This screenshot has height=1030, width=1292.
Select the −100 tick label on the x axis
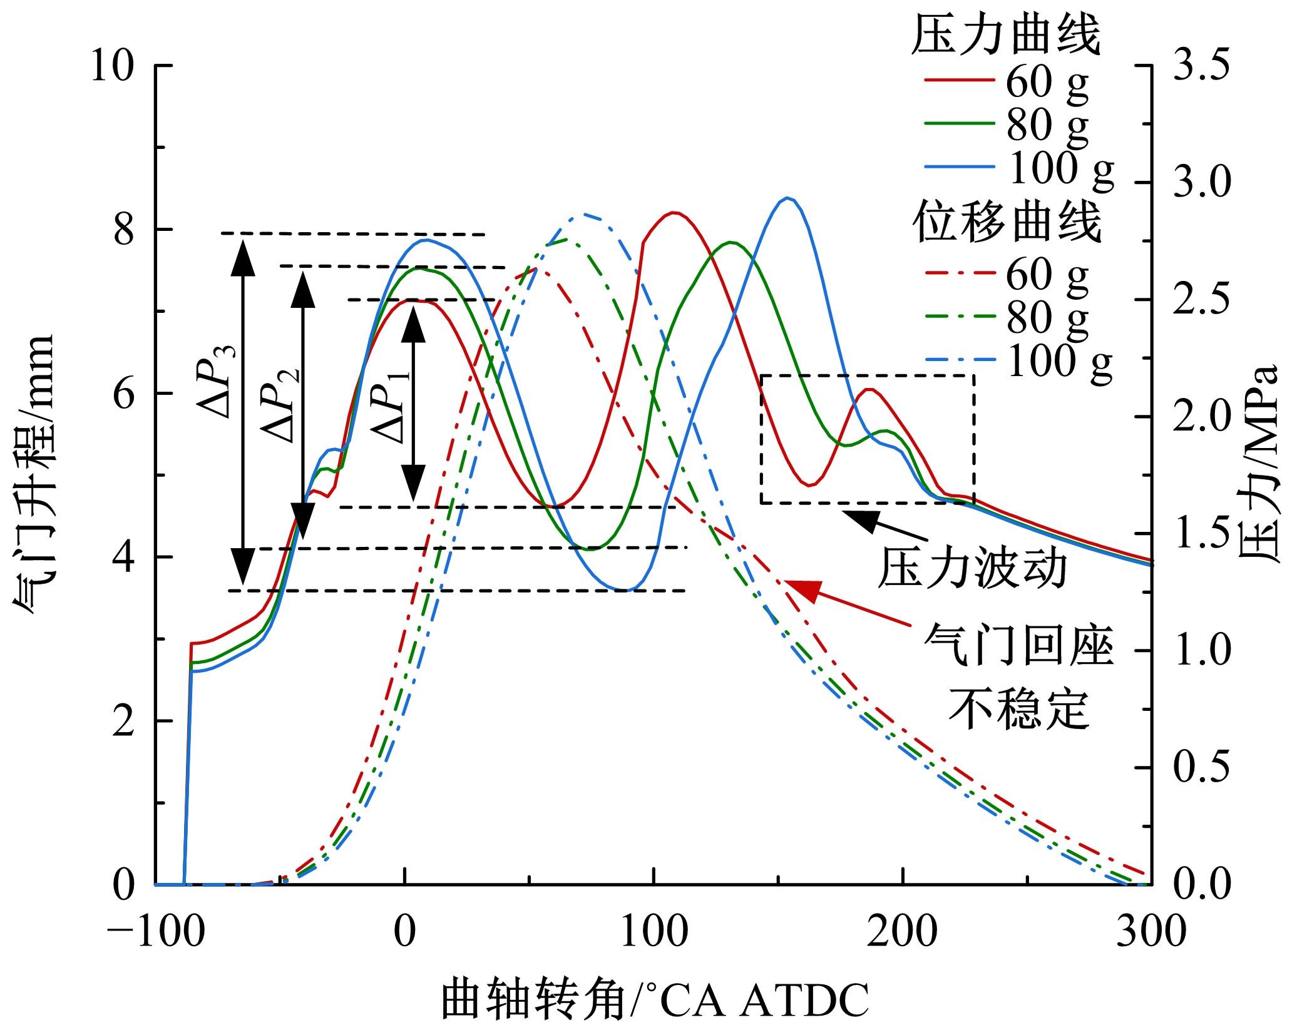point(156,931)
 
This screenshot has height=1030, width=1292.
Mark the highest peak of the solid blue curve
point(788,198)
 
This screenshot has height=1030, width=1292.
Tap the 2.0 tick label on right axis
point(1201,417)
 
